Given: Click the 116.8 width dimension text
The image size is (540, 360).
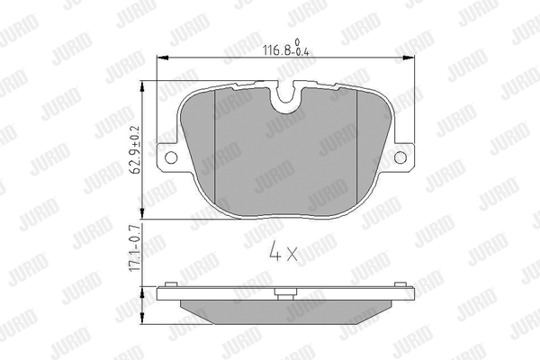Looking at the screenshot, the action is (x=286, y=48).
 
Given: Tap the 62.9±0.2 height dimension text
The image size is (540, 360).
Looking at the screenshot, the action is (x=135, y=149).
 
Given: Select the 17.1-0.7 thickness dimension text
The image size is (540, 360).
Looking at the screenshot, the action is (x=135, y=247).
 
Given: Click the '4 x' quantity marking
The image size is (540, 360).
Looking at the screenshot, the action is (x=283, y=251).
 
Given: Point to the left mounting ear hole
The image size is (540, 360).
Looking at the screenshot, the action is (x=171, y=157).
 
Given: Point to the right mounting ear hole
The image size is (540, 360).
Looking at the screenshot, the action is (x=400, y=157).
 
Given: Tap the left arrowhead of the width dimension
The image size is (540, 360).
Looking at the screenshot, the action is (x=162, y=58).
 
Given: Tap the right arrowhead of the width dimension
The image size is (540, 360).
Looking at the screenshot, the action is (x=409, y=58).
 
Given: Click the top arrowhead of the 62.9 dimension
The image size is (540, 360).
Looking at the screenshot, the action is (x=142, y=86).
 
